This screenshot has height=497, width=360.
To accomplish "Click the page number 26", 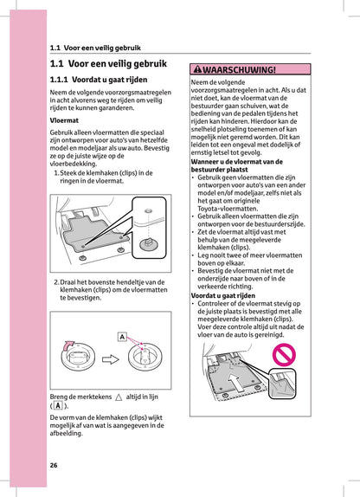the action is [x=54, y=465].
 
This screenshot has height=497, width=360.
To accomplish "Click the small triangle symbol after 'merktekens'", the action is [x=119, y=394].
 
